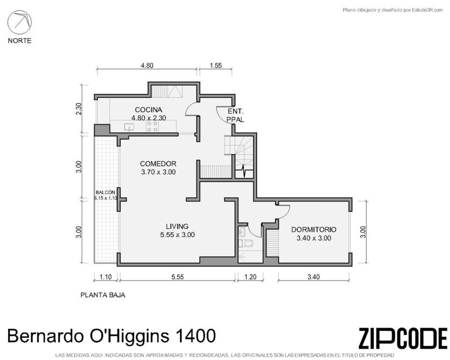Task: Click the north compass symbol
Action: [19, 23]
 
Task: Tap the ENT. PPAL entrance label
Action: [236, 116]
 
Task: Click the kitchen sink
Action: [129, 127]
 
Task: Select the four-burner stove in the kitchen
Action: [153, 126]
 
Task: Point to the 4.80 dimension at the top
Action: [147, 66]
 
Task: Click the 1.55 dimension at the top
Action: [216, 66]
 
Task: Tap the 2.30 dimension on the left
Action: [78, 109]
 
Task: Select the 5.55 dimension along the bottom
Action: [178, 277]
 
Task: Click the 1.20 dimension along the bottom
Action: [250, 277]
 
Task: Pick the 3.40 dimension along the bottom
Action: [314, 277]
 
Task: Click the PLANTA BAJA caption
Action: [103, 295]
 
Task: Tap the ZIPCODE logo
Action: [403, 338]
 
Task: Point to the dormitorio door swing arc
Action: [286, 212]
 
